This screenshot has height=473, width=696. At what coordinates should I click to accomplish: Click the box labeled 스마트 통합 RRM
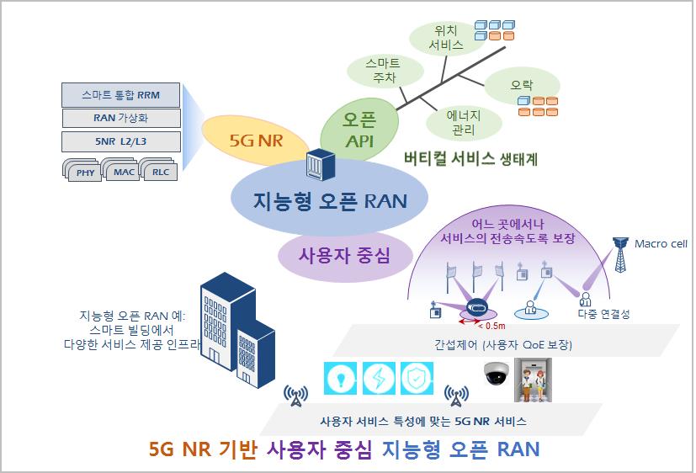[x=120, y=95]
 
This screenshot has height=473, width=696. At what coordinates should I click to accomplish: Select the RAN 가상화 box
[x=121, y=118]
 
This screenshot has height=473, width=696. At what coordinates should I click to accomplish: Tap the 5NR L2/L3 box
[x=121, y=141]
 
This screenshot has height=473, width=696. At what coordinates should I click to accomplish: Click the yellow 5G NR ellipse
[x=256, y=141]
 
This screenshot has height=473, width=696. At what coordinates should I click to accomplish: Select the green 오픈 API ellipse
[x=359, y=130]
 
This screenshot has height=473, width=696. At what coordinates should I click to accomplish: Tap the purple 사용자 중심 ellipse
[x=345, y=256]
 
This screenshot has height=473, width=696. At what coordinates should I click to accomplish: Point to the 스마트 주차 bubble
[x=385, y=71]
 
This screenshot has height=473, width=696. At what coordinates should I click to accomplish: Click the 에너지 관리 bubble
[x=464, y=123]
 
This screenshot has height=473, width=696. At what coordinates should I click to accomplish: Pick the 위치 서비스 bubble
[x=446, y=38]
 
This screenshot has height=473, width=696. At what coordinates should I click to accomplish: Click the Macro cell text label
[x=661, y=243]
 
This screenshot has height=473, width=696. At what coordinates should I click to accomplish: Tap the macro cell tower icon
[x=620, y=254]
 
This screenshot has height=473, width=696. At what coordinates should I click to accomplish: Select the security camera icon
[x=497, y=374]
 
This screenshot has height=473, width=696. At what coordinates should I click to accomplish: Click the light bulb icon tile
[x=341, y=379]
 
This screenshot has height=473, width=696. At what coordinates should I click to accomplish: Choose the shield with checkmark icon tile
[x=417, y=379]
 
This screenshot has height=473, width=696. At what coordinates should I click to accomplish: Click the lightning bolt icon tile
[x=379, y=379]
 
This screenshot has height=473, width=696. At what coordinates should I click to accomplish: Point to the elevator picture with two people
[x=533, y=380]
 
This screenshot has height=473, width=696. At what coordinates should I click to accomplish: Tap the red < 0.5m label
[x=491, y=326]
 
